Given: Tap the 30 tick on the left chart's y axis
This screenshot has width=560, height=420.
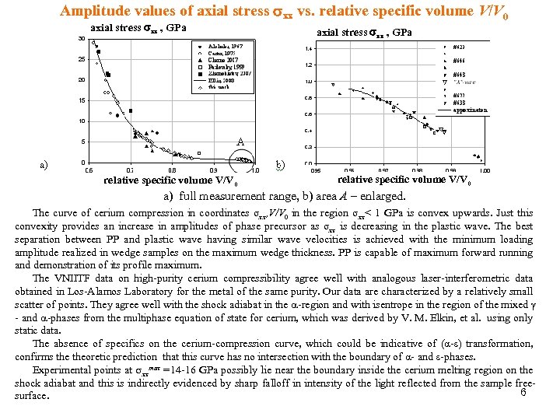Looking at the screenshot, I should pos(81,39).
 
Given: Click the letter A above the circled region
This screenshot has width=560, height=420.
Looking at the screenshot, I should pos(241,142).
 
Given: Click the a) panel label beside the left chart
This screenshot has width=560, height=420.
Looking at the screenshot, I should pos(45,164).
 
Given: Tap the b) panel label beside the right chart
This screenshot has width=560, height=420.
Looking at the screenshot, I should pos(281,164).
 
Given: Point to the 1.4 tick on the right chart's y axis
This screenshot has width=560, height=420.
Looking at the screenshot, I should pos(308,48).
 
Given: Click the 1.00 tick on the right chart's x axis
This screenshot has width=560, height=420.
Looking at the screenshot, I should pos(485,170).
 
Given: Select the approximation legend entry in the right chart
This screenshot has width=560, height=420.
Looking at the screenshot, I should pos(471,110).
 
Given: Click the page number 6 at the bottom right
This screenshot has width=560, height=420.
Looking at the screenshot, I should pos(524,392).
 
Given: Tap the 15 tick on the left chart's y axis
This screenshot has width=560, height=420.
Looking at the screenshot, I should pos(81,100).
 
